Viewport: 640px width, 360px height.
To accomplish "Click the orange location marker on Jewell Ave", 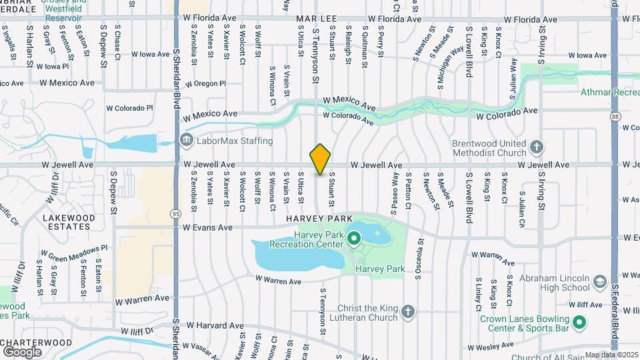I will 320,159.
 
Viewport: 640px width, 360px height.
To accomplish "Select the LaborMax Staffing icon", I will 186,140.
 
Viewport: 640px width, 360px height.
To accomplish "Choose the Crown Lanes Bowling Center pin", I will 579,323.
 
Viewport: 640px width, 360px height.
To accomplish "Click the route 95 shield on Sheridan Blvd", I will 175,214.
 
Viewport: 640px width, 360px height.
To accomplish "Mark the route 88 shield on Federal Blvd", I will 613,116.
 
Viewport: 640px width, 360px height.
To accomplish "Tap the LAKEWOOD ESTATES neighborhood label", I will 65,222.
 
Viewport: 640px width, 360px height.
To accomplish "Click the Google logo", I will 22,351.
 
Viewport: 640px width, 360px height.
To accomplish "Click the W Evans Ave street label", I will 207,227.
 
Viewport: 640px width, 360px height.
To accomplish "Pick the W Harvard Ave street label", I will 213,325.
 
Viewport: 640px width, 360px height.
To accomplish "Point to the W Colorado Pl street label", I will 129,107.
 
